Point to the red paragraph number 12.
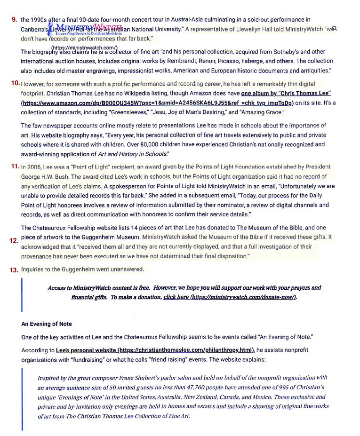coord(14,240)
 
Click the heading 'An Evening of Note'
coord(47,324)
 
